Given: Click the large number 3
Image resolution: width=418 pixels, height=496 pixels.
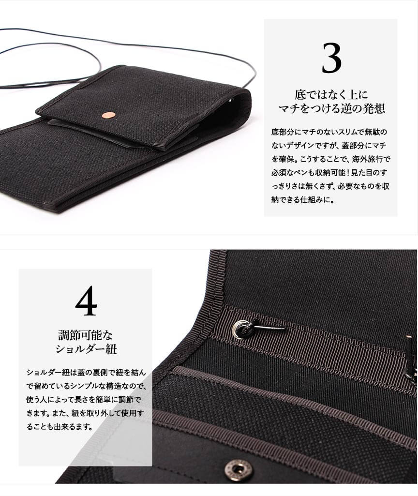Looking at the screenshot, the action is pyautogui.click(x=331, y=58).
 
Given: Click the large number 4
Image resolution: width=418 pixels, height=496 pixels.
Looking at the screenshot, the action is pyautogui.click(x=86, y=301).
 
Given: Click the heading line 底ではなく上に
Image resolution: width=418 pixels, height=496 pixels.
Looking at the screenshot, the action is pyautogui.click(x=331, y=94).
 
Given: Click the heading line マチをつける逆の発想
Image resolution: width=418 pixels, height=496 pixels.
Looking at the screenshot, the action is pyautogui.click(x=331, y=108).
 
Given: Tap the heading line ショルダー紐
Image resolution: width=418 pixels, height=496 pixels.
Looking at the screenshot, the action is pyautogui.click(x=86, y=349).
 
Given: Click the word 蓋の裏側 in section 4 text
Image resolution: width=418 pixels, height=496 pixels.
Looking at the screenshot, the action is pyautogui.click(x=93, y=372).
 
